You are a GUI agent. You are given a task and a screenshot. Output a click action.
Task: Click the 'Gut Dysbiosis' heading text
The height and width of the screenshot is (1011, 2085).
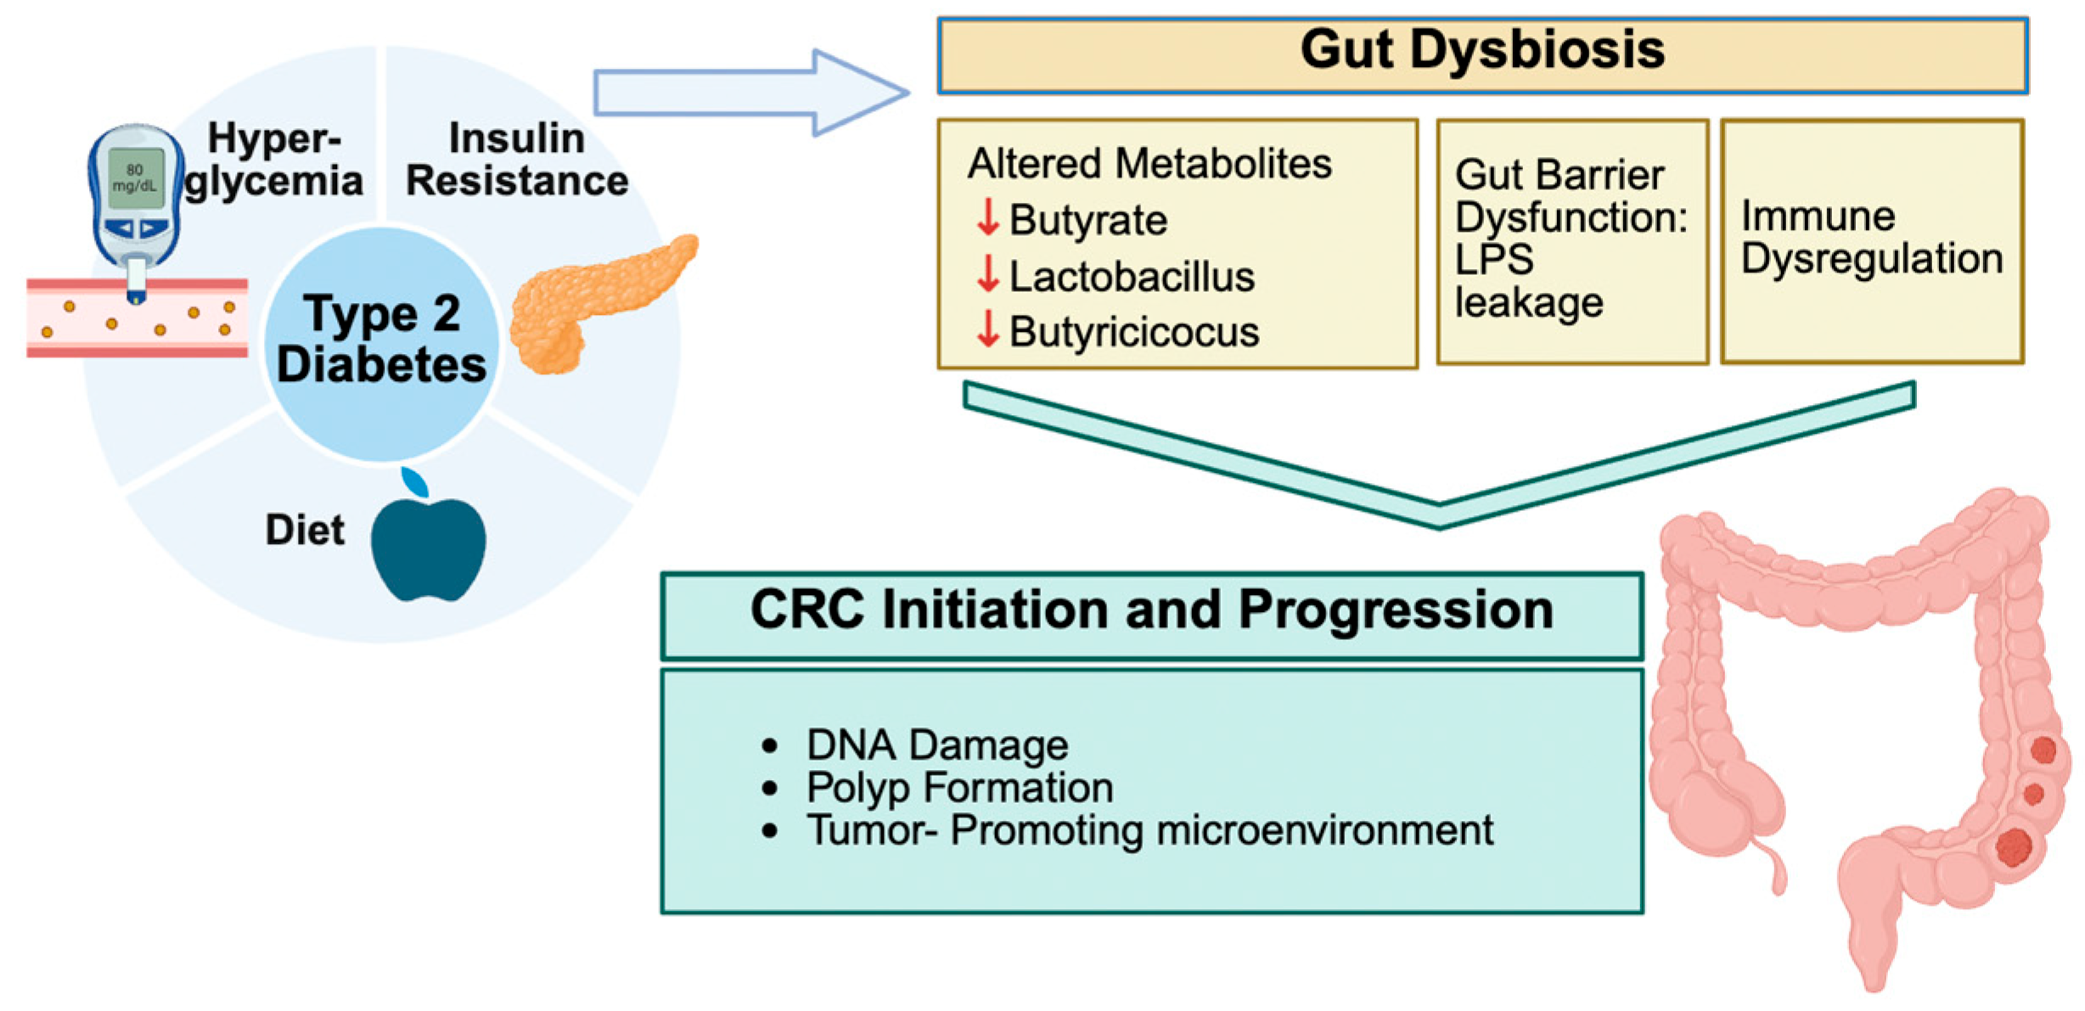1481,49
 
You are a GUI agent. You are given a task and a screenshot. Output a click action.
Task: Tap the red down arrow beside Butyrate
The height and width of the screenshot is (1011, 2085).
987,217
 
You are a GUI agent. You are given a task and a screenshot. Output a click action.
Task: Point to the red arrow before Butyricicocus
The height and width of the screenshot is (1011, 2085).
987,329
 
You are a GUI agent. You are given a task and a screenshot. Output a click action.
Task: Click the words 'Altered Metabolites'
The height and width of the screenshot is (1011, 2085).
1149,163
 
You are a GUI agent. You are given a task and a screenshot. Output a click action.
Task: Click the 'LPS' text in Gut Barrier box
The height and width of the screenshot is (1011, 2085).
1494,259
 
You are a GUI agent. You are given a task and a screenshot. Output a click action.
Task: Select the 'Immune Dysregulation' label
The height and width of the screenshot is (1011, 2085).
1871,237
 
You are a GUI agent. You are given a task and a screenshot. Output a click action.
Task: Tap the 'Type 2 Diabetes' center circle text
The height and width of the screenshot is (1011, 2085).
381,339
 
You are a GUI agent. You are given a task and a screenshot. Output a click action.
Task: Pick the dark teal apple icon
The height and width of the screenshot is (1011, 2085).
429,548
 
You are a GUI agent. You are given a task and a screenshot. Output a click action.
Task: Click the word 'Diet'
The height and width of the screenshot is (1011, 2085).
305,530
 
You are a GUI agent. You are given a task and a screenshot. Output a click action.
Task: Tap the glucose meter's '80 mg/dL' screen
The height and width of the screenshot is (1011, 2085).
134,177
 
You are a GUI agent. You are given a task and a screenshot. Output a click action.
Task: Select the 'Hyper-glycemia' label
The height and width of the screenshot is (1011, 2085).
273,160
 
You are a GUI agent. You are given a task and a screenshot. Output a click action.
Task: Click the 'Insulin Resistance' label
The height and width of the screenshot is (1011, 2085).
516,160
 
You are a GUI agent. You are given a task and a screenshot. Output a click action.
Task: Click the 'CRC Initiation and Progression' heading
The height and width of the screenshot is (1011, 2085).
1151,609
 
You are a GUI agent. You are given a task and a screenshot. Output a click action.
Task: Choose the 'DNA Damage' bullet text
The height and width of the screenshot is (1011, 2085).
936,744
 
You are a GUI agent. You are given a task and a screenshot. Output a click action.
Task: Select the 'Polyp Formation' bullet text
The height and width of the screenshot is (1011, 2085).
959,787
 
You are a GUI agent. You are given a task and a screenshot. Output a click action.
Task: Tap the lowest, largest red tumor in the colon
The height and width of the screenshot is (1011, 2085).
2014,847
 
